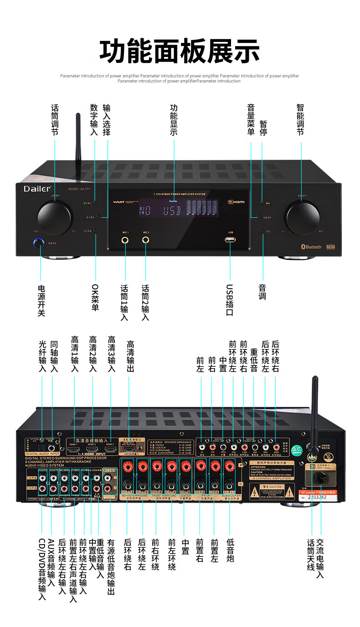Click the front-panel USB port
tap(230, 240)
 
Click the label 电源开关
tap(41, 301)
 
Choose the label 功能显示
tap(174, 120)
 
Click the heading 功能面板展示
tap(180, 51)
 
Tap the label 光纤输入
tap(43, 357)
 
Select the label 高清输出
tap(130, 357)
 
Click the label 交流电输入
tap(320, 559)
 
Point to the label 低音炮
tap(230, 550)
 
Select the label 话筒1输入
tap(124, 303)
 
